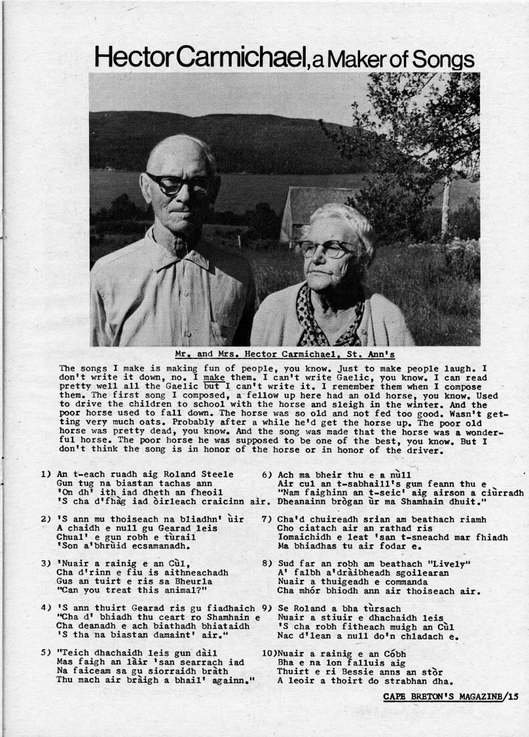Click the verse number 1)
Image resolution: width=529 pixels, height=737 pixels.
click(46, 474)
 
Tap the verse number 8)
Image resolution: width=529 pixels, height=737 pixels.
click(266, 563)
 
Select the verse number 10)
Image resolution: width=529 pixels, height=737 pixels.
click(269, 653)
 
